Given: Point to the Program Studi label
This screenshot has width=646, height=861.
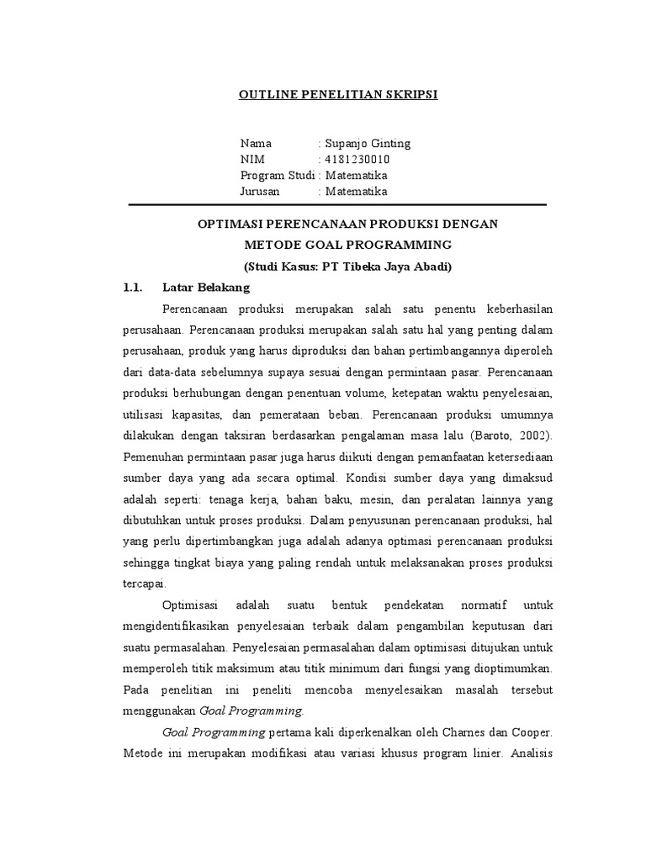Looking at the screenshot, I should [x=278, y=176].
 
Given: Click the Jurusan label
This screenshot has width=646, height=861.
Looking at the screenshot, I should [x=261, y=192].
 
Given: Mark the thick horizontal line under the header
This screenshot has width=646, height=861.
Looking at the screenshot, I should [x=336, y=204].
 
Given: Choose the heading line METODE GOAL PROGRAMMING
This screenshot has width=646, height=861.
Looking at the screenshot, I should [x=347, y=245].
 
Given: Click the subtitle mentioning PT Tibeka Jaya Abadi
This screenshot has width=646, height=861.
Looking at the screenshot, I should [x=347, y=267].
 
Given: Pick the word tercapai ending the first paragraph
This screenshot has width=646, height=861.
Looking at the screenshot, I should [x=146, y=584].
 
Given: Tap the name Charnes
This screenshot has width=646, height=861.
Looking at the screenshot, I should [x=455, y=732].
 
